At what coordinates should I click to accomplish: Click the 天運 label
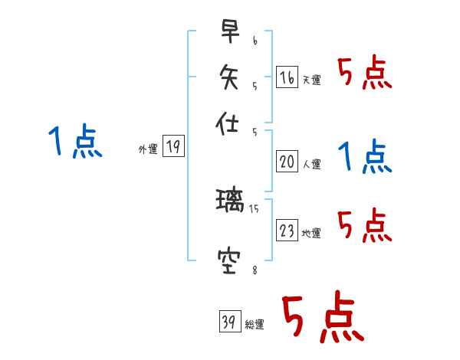click(312, 80)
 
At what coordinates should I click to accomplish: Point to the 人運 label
click(312, 164)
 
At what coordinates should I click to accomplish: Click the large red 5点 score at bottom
click(322, 317)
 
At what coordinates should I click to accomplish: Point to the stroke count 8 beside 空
click(254, 268)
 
